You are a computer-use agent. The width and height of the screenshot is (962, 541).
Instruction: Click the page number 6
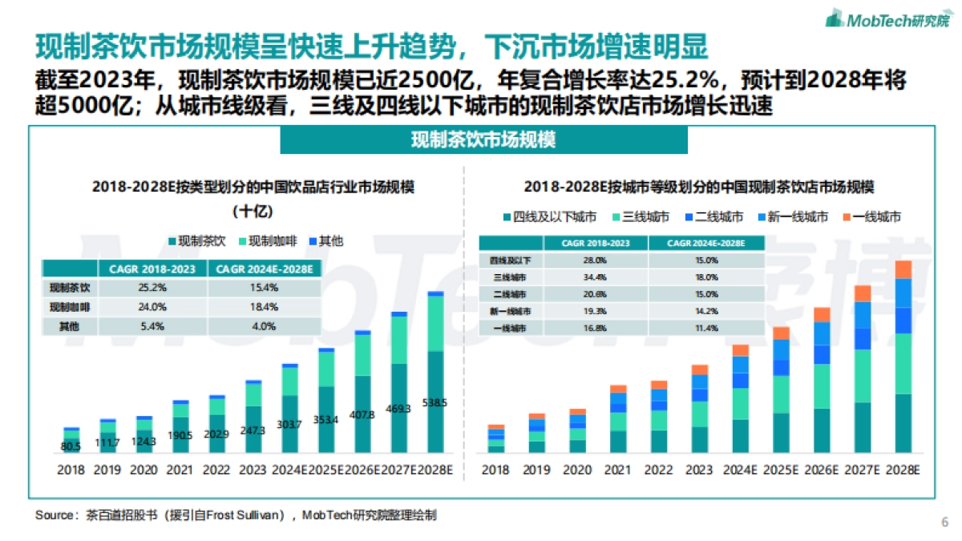(944, 522)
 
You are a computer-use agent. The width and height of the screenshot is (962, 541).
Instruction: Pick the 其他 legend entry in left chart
(330, 240)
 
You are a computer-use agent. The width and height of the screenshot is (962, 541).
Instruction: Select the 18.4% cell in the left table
(265, 307)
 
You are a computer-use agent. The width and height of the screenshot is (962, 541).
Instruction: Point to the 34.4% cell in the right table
(594, 277)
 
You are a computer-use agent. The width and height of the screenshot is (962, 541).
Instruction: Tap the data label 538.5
(435, 403)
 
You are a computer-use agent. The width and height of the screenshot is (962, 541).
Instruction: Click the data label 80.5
(71, 446)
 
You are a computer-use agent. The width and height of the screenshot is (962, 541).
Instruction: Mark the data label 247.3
(253, 430)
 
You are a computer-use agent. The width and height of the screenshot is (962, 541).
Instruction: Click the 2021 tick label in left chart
(180, 470)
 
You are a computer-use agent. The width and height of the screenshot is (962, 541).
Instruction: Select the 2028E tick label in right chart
(903, 470)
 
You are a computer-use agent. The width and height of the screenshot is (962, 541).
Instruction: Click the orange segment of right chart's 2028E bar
(903, 269)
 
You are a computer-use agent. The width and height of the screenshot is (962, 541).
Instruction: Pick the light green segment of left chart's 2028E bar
(435, 323)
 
